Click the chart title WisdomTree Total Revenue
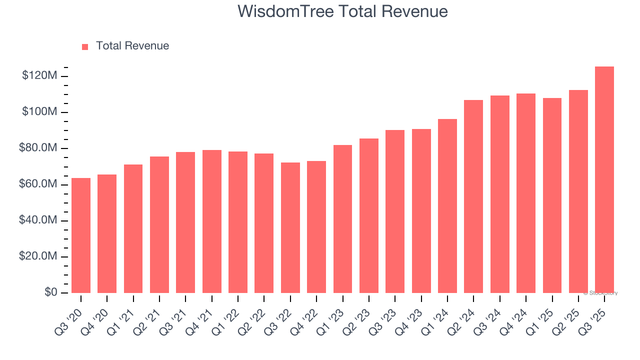pyautogui.click(x=342, y=11)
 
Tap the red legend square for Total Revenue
pyautogui.click(x=85, y=46)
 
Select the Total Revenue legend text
pyautogui.click(x=132, y=46)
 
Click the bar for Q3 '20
pyautogui.click(x=81, y=235)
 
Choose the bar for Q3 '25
pyautogui.click(x=604, y=180)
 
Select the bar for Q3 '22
pyautogui.click(x=290, y=227)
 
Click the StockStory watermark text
pyautogui.click(x=600, y=293)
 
